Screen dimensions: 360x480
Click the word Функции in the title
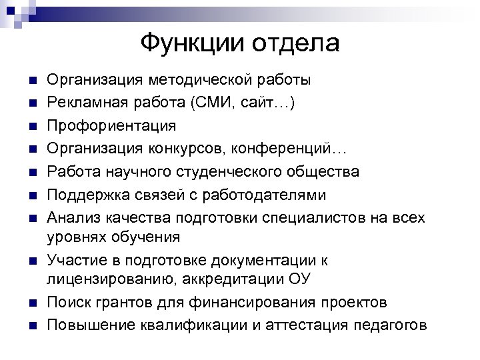pos(191,43)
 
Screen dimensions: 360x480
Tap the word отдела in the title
pos(296,43)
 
